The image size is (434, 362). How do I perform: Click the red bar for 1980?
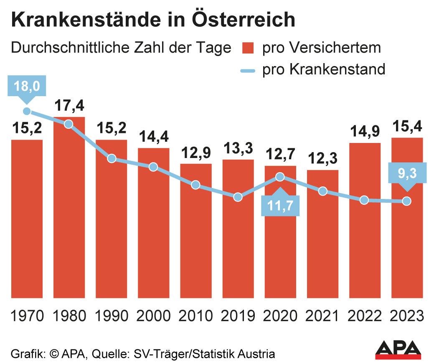[x=69, y=209]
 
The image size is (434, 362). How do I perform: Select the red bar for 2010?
[x=196, y=234]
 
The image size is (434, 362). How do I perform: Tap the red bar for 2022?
[x=365, y=222]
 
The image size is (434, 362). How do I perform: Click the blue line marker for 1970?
[x=27, y=111]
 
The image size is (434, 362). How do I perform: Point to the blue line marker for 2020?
[x=280, y=177]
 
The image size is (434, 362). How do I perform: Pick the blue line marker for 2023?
[x=407, y=201]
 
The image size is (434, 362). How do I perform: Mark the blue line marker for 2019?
[x=238, y=197]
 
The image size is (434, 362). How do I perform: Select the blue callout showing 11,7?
[x=280, y=206]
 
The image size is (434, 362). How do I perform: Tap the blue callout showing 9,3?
[x=407, y=173]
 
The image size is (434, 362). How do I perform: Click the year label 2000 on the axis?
[x=153, y=315]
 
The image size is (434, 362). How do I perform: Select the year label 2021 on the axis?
[x=322, y=315]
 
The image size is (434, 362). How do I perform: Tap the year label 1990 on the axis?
[x=111, y=315]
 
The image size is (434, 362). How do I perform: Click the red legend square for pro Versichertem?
[x=248, y=48]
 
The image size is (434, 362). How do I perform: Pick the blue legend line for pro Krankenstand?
[x=248, y=70]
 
